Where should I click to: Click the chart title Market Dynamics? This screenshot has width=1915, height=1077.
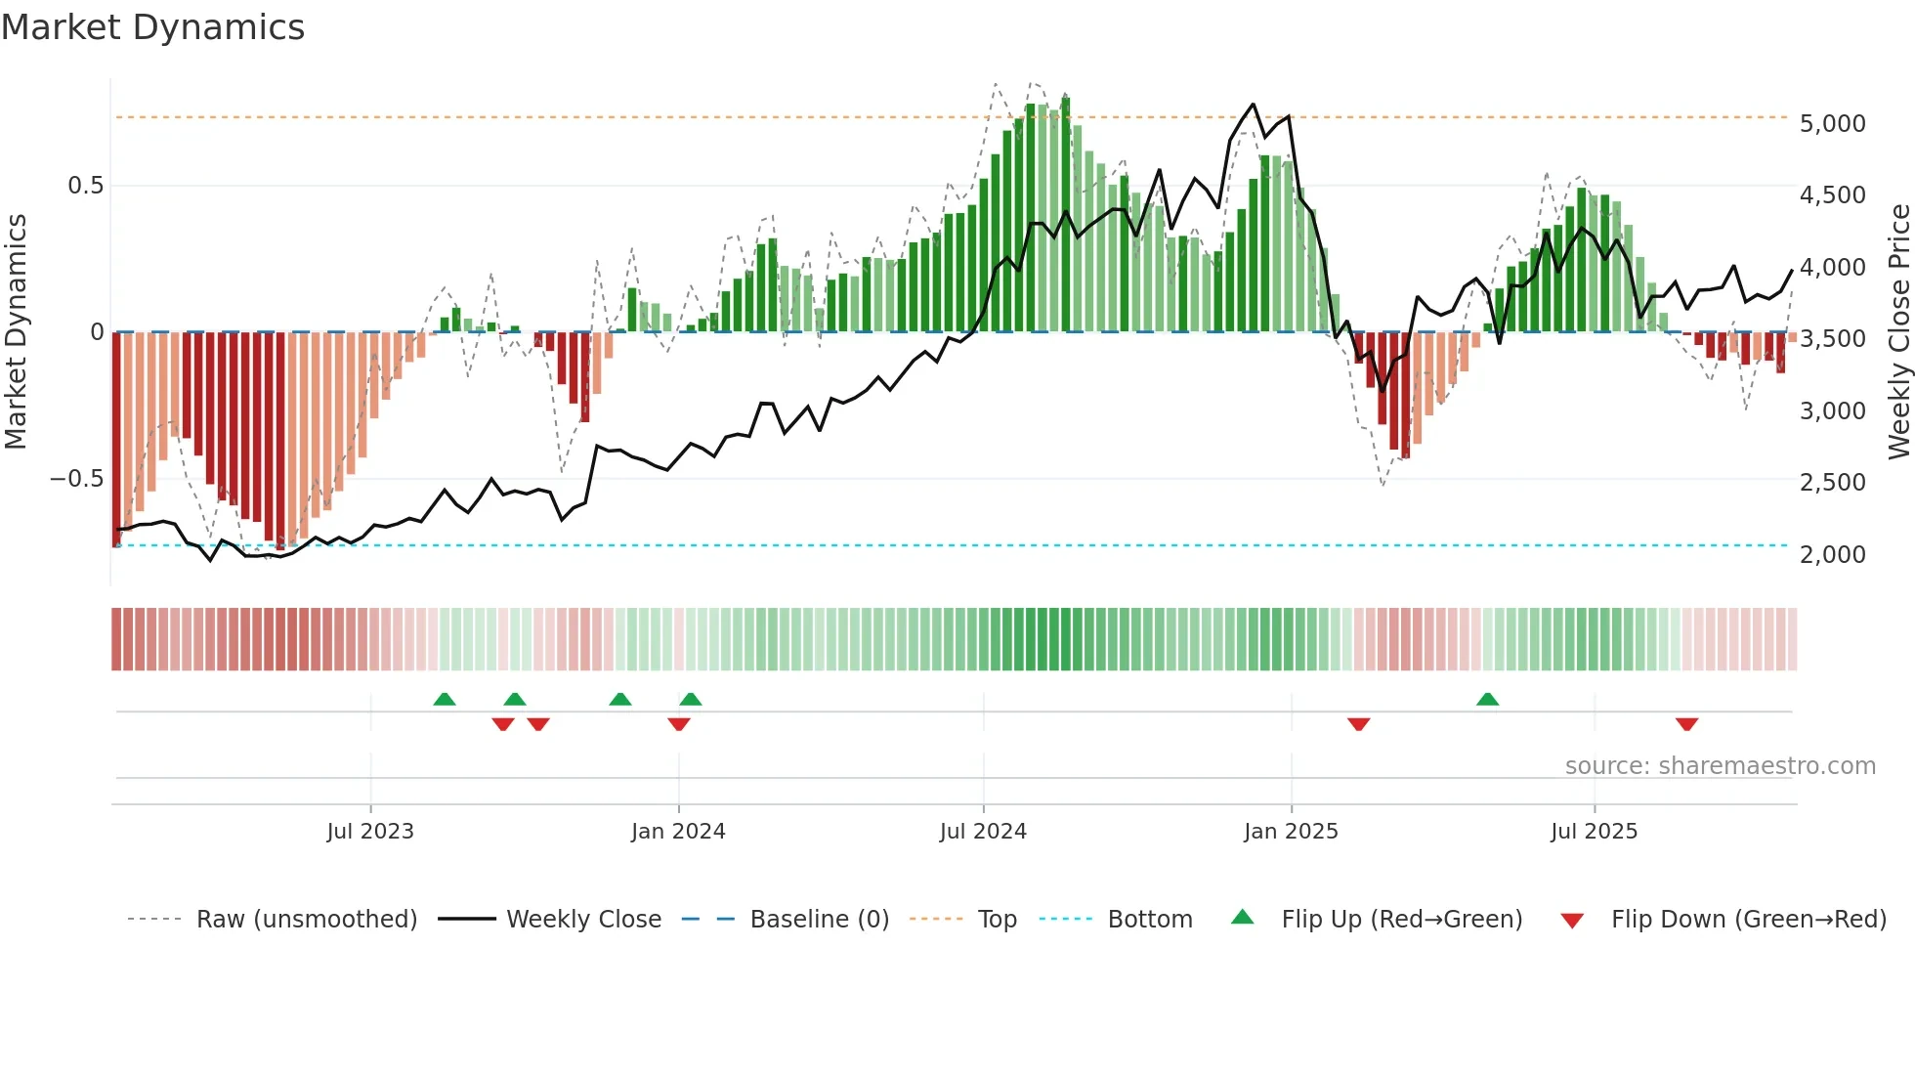[x=153, y=27]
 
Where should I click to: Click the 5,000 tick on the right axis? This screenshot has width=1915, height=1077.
[x=1832, y=124]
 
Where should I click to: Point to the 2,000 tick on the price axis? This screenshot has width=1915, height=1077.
[x=1832, y=554]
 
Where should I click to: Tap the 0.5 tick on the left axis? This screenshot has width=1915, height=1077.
[x=85, y=186]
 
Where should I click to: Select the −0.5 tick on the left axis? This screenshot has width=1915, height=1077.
[x=77, y=479]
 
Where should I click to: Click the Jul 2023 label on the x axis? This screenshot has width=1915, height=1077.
[x=370, y=832]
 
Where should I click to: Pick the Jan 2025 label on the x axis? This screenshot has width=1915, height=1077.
[x=1291, y=832]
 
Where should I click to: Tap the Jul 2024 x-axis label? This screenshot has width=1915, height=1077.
[x=983, y=832]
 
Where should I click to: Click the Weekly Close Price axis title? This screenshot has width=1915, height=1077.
[x=1898, y=332]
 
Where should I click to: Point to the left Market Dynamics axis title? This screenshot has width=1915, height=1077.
[x=16, y=332]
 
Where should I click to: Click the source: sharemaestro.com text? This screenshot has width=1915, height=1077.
[x=1720, y=766]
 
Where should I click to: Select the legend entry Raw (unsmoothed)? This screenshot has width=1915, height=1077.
[x=306, y=920]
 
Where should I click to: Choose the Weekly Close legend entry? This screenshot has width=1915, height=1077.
[x=583, y=920]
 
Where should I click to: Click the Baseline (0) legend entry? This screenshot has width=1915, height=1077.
[x=819, y=920]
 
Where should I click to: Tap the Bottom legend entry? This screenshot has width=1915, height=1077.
[x=1149, y=920]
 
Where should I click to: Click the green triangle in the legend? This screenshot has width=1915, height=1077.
[x=1242, y=918]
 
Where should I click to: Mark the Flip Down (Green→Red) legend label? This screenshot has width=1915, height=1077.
[x=1748, y=920]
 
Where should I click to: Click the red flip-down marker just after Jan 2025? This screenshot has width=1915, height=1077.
[x=1358, y=724]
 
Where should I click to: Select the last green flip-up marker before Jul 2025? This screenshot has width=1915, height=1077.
[x=1487, y=699]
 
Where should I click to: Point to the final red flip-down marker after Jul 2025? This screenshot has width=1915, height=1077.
[x=1686, y=724]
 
